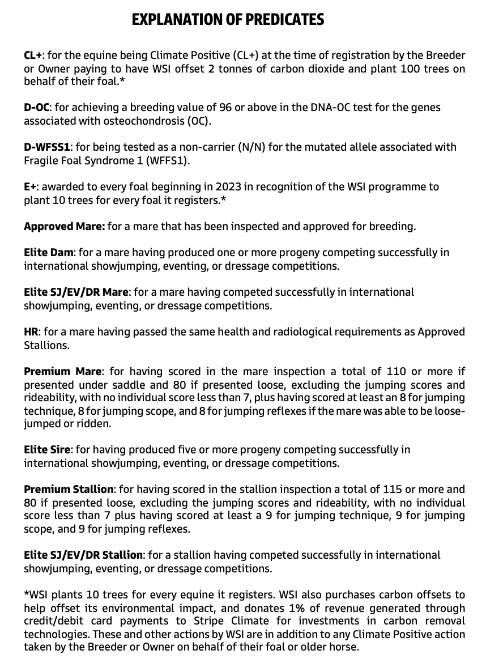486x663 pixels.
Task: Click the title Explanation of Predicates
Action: [x=228, y=20]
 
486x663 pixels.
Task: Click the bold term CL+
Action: [x=33, y=56]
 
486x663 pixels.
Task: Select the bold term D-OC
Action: [x=37, y=107]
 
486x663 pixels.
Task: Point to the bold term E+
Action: [x=31, y=186]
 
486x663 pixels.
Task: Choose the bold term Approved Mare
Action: [x=64, y=226]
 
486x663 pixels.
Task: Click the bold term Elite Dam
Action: [x=49, y=253]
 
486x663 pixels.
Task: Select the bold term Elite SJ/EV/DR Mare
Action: [x=76, y=292]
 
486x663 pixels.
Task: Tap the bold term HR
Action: [x=31, y=331]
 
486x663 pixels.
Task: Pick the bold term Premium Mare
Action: [x=63, y=372]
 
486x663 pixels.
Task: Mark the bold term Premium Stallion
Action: [x=69, y=489]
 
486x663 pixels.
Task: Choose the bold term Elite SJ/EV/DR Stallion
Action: [x=84, y=555]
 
